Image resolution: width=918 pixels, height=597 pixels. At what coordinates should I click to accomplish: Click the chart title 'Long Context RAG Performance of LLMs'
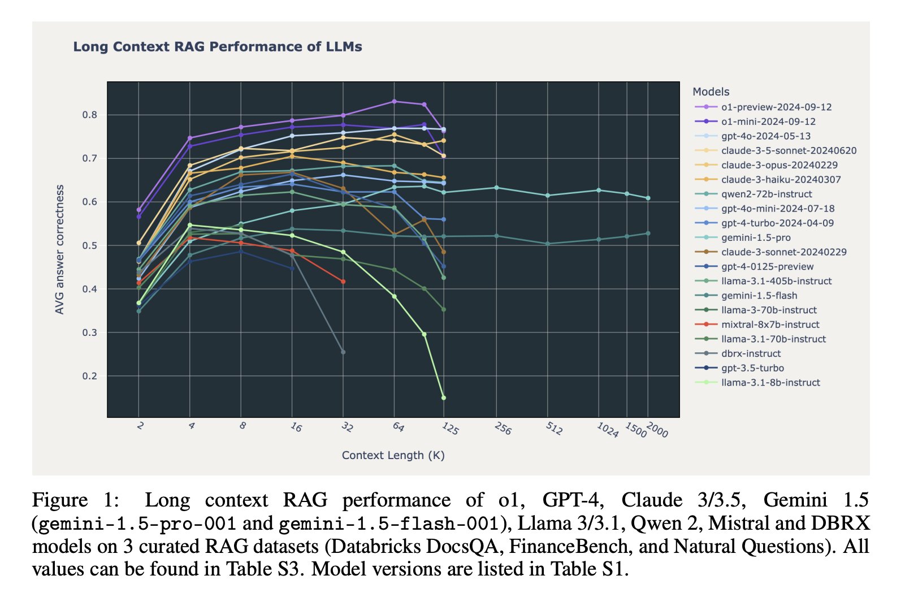coord(218,47)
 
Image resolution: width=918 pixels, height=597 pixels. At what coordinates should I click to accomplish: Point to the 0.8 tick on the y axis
coord(89,115)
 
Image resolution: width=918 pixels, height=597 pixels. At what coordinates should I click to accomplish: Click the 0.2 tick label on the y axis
coord(89,376)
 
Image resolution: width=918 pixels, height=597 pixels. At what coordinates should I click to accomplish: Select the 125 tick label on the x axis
coord(450,429)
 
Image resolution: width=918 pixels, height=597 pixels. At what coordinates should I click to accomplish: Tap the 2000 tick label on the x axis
coord(657,430)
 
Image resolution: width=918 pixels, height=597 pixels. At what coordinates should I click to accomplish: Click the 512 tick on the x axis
coord(553,429)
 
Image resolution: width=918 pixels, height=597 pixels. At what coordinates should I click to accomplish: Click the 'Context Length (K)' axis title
coord(393,455)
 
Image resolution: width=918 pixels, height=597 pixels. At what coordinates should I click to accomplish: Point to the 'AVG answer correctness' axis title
coord(59,249)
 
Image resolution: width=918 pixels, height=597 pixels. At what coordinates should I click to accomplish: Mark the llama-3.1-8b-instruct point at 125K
coord(443,398)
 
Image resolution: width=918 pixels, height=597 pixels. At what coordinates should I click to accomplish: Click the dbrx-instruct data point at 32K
coord(343,352)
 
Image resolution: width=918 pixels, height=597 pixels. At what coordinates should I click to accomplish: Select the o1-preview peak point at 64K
coord(394,101)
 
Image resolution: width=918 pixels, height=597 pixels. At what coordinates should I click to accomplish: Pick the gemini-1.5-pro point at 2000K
coord(648,198)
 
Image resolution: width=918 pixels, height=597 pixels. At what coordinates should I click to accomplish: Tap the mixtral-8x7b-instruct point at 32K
coord(343,282)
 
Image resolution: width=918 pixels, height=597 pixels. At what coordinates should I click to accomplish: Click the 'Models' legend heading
coord(711,92)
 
